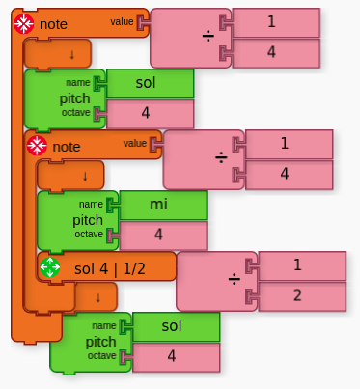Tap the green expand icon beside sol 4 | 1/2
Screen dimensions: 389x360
pos(49,267)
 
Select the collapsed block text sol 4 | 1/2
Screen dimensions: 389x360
pos(109,267)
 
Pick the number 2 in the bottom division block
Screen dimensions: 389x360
pos(298,295)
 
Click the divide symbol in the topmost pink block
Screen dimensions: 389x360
pos(207,37)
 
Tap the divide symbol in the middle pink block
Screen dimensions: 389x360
pos(220,159)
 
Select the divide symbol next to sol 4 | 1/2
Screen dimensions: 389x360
pos(233,281)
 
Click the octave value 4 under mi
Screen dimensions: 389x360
pos(159,235)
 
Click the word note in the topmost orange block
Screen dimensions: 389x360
pos(53,23)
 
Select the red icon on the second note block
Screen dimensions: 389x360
pos(37,146)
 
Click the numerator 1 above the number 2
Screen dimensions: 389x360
pos(298,264)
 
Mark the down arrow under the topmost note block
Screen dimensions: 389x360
pos(73,53)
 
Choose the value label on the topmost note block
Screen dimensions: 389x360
pos(123,20)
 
